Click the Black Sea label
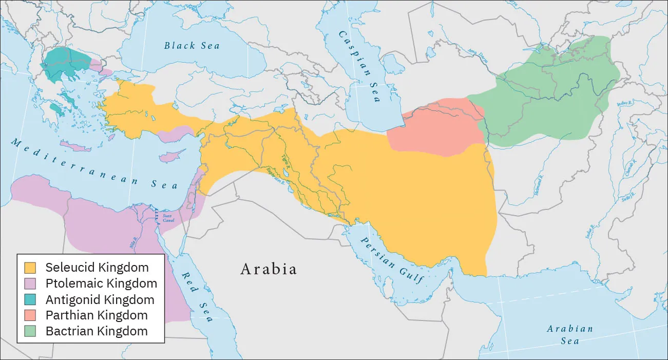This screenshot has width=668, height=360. (x=192, y=46)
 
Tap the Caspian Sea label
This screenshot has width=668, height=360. (x=359, y=66)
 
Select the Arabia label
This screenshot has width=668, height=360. (x=269, y=269)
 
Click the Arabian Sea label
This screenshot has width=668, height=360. (x=569, y=334)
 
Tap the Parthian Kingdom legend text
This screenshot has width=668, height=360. (x=97, y=315)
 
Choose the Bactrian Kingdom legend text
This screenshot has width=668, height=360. (x=97, y=331)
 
